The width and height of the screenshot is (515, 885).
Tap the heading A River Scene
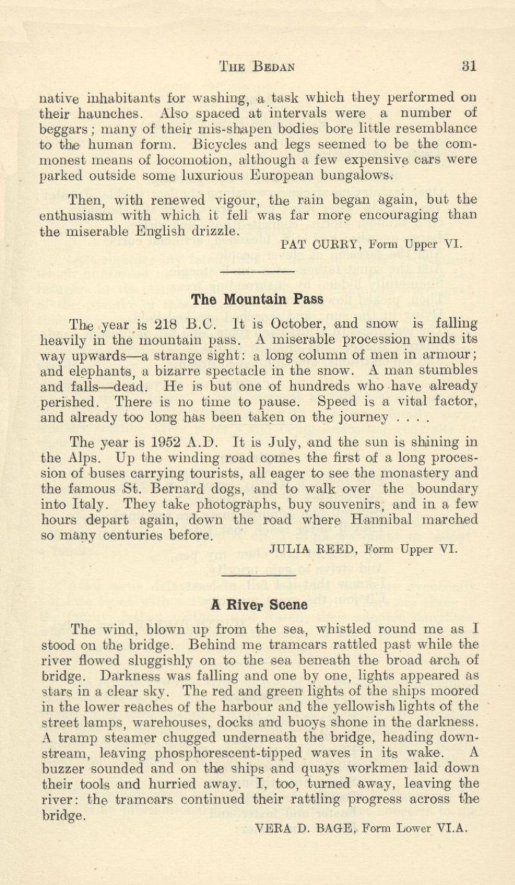[258, 589]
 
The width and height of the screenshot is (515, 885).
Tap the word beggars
[64, 131]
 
